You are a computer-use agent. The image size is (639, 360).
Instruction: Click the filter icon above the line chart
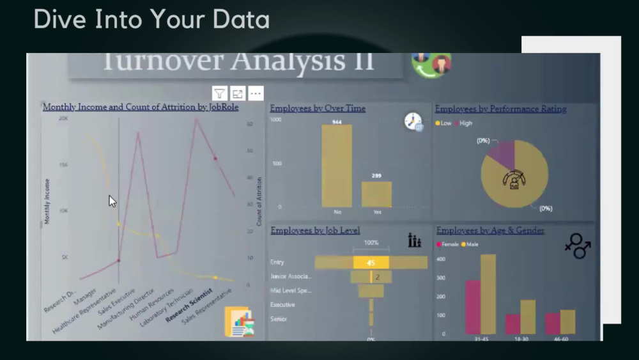[220, 94]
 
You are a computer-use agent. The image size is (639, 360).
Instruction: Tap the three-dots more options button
[256, 94]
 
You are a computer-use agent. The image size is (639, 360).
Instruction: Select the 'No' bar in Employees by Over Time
[337, 166]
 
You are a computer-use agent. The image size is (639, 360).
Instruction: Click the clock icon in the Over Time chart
[413, 121]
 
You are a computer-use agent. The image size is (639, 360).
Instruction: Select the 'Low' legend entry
[443, 123]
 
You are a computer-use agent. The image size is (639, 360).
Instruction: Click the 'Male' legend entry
[470, 244]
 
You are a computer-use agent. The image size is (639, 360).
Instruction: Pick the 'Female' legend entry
[449, 244]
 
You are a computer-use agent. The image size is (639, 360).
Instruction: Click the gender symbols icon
[578, 246]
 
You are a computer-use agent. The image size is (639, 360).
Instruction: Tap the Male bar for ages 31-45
[488, 294]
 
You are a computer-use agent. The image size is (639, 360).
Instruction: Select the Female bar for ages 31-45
[473, 307]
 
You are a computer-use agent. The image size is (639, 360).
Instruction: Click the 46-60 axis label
[560, 339]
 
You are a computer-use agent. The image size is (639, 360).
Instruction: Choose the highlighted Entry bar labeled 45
[371, 263]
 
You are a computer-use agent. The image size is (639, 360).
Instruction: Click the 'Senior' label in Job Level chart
[279, 318]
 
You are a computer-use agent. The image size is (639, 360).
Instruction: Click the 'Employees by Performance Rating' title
[500, 109]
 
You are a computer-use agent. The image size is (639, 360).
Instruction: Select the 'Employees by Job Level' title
[315, 230]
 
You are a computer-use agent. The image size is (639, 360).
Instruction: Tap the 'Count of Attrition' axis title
[259, 201]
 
